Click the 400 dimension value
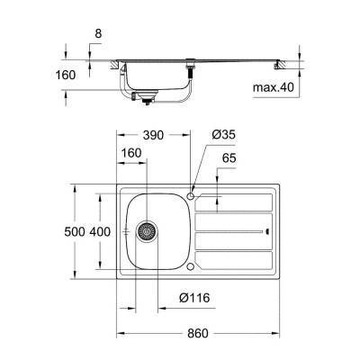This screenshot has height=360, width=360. point(101,231)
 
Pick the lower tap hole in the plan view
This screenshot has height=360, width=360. point(191,267)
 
